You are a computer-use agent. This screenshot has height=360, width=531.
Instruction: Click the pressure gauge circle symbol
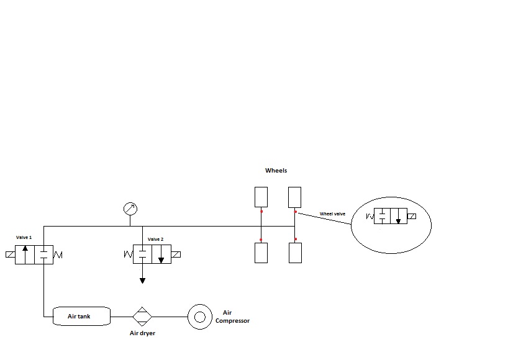[x=130, y=209]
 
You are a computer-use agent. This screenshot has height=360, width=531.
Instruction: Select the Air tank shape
[x=81, y=316]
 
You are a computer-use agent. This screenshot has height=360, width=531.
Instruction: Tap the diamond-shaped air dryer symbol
[x=142, y=316]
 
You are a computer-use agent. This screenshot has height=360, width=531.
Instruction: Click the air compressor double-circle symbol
[x=200, y=316]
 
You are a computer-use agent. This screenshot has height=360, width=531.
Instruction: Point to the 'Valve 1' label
[x=24, y=238]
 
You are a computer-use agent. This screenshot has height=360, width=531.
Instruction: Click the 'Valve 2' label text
[x=155, y=239]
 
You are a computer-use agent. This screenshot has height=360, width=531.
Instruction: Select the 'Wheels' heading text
[x=276, y=170]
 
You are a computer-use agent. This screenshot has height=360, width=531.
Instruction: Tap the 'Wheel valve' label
[x=332, y=214]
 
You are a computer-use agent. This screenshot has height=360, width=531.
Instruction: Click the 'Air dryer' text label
[x=142, y=333]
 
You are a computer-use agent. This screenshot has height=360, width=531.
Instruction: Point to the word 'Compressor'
[x=232, y=321]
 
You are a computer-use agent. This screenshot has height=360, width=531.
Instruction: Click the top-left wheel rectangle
[x=261, y=197]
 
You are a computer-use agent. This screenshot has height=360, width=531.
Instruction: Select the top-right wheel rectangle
[x=294, y=197]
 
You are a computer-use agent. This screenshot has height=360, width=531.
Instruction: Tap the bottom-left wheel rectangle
[x=261, y=253]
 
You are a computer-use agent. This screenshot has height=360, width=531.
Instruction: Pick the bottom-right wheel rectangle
[x=295, y=253]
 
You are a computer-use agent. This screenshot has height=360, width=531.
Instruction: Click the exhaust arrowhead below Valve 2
[x=142, y=281]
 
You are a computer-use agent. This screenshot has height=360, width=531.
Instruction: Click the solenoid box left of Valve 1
[x=10, y=254]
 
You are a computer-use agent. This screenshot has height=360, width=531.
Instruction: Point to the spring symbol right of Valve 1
[x=58, y=254]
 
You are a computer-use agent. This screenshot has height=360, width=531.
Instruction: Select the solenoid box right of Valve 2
[x=176, y=254]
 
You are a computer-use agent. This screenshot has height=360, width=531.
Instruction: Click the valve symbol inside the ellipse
[x=391, y=216]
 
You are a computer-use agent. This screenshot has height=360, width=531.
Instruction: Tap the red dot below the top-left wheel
[x=261, y=212]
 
